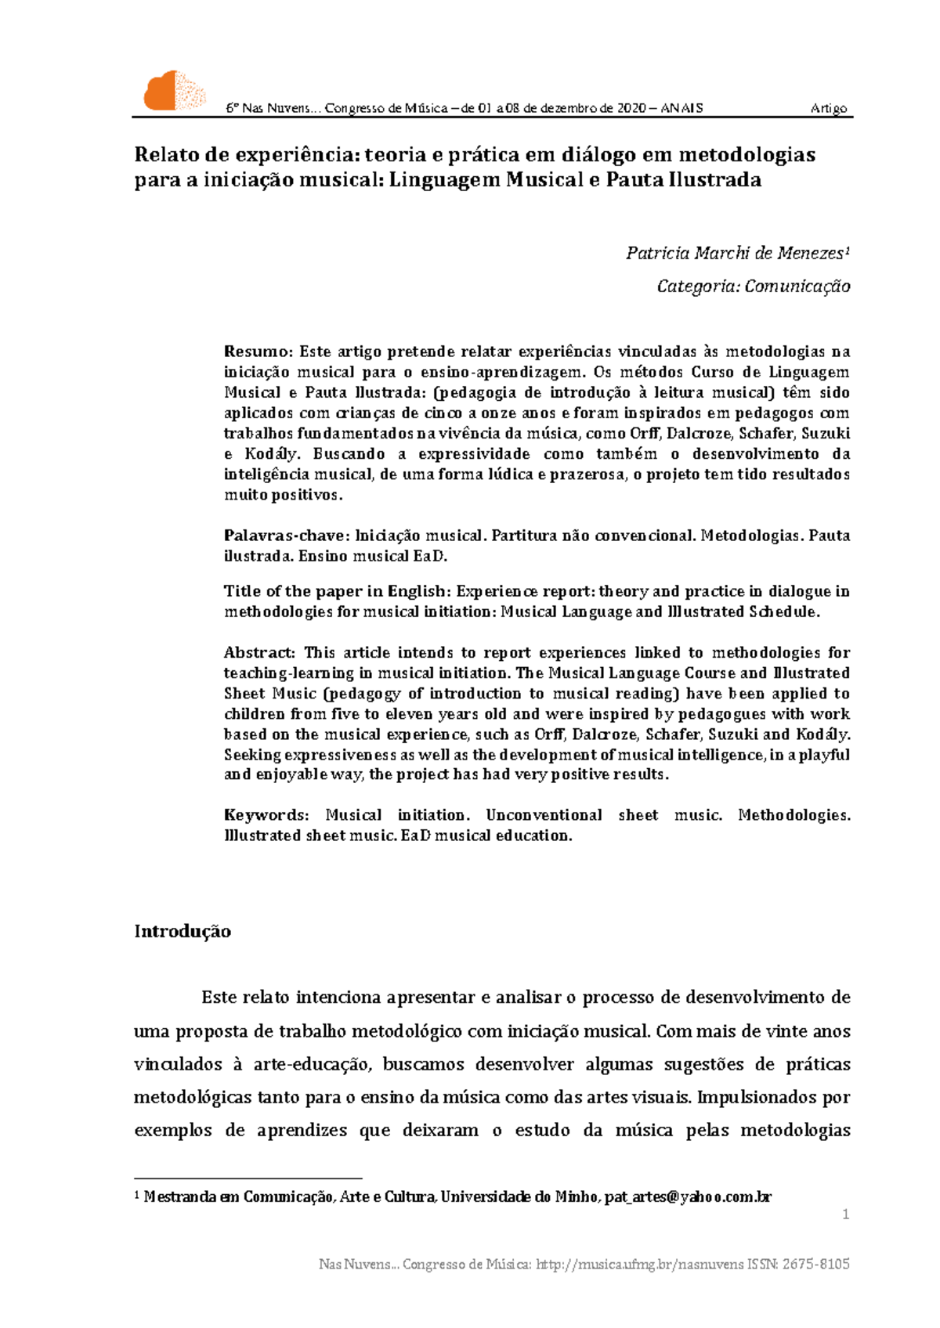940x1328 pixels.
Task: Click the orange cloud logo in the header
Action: (174, 91)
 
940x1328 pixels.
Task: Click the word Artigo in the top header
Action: (829, 108)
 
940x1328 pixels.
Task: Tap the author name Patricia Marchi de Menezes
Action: (735, 253)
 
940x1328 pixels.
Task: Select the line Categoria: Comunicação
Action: (754, 287)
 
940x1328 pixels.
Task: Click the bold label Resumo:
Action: (258, 352)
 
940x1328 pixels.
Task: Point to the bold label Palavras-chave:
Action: (285, 536)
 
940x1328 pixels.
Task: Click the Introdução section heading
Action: (183, 931)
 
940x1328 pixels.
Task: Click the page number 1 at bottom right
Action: (845, 1214)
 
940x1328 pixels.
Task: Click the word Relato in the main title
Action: (163, 154)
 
